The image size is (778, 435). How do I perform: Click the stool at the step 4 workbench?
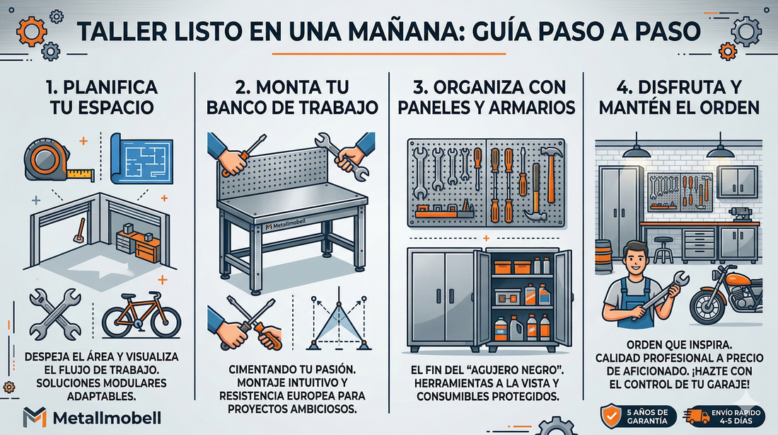click(x=663, y=247)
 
